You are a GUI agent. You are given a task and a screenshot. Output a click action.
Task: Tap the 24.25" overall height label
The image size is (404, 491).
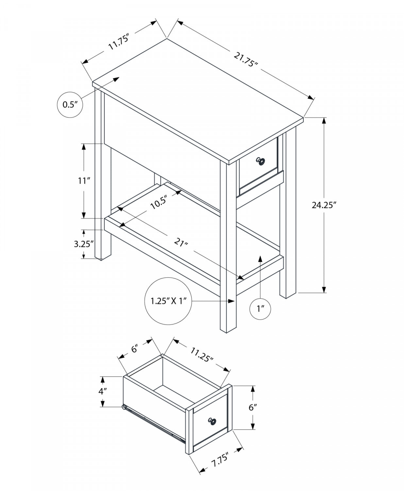click(324, 205)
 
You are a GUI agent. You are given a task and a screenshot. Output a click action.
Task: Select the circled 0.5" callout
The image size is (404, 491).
click(69, 105)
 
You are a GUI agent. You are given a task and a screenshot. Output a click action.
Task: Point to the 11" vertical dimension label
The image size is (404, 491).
click(84, 181)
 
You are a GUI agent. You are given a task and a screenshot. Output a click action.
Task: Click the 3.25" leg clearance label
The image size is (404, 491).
click(84, 244)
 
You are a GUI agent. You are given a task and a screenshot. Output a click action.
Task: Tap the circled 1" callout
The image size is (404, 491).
click(260, 308)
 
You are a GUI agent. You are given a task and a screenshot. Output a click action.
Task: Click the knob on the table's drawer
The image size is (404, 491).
click(261, 161)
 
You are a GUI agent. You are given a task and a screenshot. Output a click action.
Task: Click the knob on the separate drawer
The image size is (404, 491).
click(212, 421)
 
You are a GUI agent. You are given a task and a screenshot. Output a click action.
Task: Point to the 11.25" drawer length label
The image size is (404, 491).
click(202, 354)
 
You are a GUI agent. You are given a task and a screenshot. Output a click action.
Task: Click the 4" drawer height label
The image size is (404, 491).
click(103, 392)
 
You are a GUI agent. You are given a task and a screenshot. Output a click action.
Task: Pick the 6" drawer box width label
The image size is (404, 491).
click(135, 350)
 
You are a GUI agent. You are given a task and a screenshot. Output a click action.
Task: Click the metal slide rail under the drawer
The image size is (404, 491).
click(154, 422)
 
